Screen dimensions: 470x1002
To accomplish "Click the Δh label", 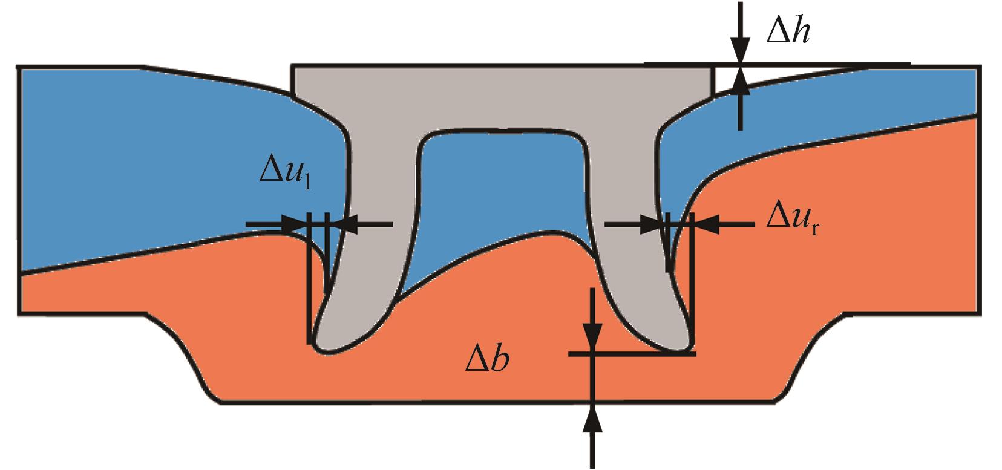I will [788, 31].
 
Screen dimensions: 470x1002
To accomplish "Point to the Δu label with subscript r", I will [793, 223].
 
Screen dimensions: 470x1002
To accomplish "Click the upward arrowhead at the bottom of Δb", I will [592, 419].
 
